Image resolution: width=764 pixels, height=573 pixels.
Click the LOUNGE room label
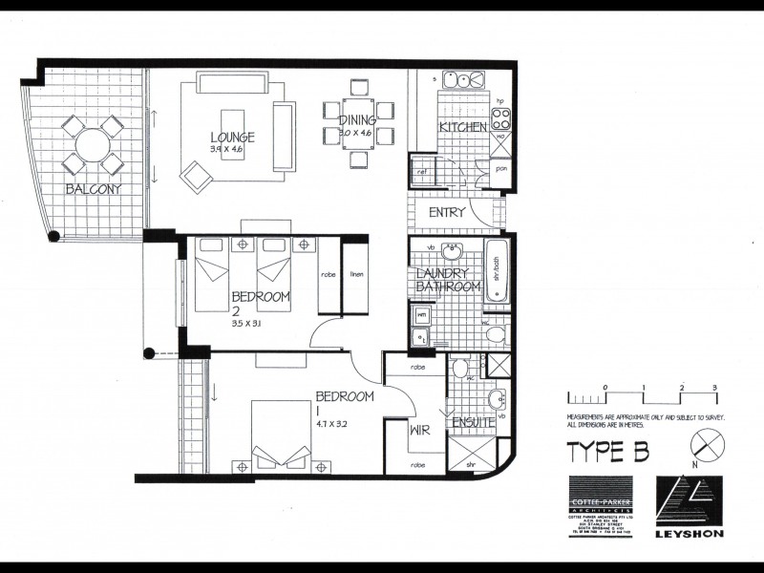coord(233,135)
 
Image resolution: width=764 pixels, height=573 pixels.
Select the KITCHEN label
coord(462,127)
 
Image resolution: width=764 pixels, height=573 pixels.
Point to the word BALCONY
coord(93,189)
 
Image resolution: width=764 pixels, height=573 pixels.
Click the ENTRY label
coord(447,212)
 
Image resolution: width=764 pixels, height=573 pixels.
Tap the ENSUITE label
coord(472,421)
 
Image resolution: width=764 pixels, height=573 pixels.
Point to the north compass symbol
coord(709,445)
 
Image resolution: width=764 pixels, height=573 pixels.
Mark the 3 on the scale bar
coord(714,386)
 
